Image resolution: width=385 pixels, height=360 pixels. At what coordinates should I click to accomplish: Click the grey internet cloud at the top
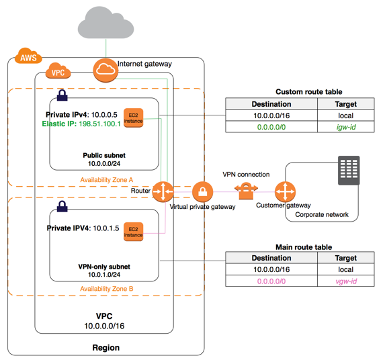106,23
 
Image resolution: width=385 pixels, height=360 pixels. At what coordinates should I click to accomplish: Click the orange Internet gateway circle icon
105,71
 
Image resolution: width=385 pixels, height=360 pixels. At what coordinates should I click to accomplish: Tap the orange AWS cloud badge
28,56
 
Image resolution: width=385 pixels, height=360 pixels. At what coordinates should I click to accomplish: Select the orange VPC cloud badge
58,71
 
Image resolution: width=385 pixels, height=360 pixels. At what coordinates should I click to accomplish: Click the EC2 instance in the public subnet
133,118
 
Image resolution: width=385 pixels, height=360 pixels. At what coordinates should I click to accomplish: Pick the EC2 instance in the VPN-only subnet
133,232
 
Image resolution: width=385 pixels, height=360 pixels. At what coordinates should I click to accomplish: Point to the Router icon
163,191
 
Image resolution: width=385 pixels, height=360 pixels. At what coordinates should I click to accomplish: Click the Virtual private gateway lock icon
202,192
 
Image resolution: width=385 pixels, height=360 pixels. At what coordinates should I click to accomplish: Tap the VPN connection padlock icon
246,191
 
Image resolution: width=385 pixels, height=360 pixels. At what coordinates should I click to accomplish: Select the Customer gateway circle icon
285,191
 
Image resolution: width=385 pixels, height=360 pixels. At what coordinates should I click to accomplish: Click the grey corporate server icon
349,171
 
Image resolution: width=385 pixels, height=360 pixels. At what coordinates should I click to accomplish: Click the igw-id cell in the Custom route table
346,127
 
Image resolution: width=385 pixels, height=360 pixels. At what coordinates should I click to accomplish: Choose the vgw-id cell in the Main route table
346,281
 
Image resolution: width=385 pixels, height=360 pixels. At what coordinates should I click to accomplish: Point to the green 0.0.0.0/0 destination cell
271,127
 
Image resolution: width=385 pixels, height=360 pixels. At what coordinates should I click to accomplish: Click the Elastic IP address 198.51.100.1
99,124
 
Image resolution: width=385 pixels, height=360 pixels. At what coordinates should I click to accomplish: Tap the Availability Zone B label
107,289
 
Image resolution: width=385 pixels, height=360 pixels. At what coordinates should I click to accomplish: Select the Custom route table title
308,92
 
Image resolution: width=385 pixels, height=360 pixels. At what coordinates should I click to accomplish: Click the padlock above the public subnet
62,95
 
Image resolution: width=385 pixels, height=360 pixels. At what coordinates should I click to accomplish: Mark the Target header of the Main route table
346,258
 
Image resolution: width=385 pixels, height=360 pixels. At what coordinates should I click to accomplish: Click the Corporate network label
322,214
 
